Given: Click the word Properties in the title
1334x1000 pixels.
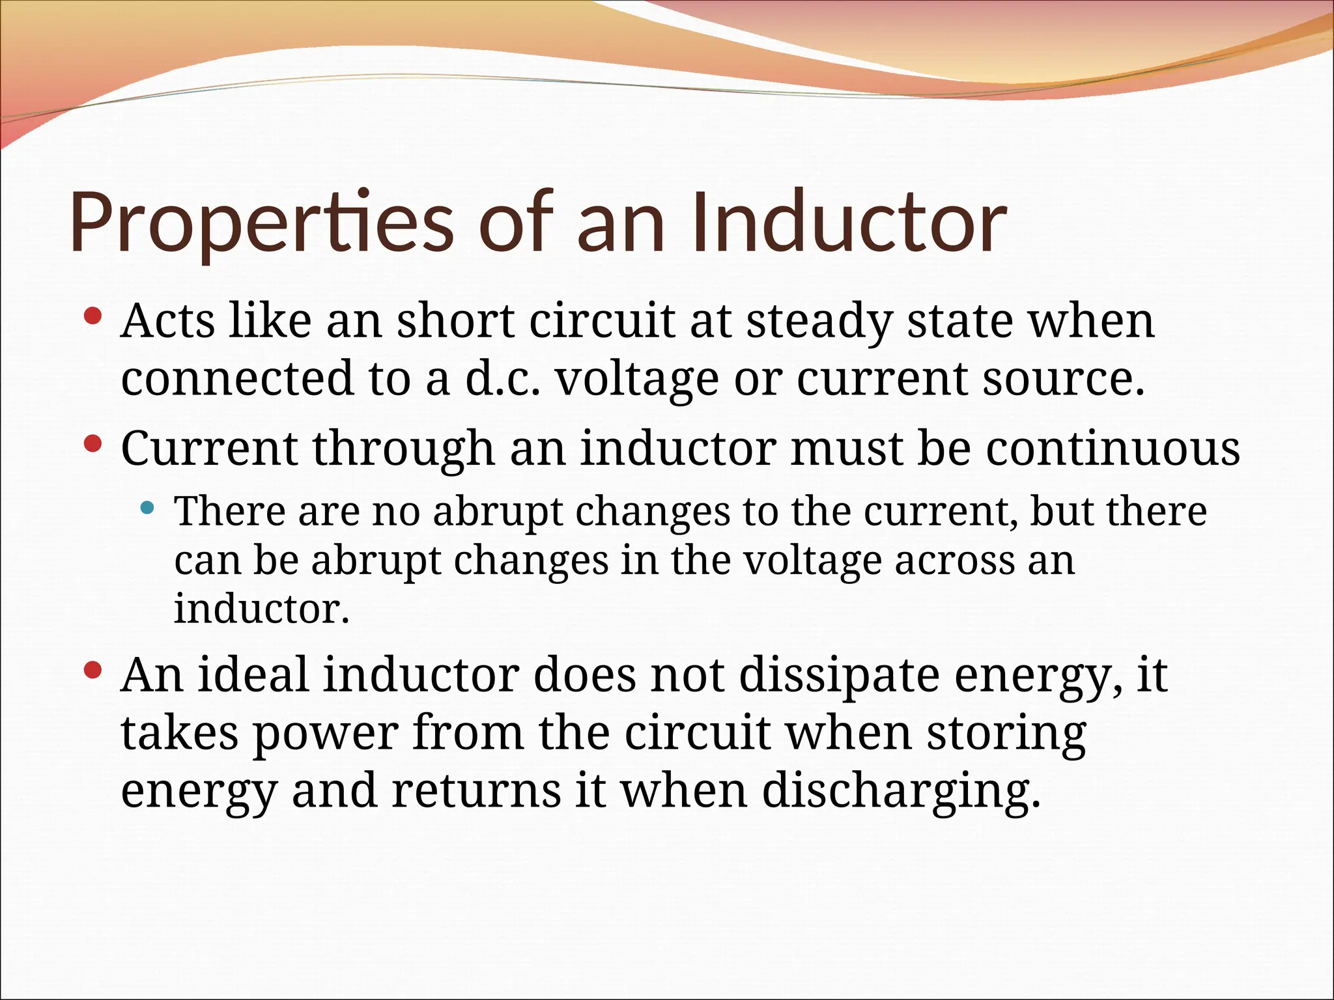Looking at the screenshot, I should pyautogui.click(x=261, y=223).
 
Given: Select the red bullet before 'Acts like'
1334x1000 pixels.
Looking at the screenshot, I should pyautogui.click(x=93, y=317).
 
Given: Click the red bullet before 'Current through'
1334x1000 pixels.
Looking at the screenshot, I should pyautogui.click(x=93, y=445).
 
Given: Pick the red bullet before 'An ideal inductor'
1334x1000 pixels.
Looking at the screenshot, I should pyautogui.click(x=93, y=670).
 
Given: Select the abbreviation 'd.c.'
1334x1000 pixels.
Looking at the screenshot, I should pyautogui.click(x=502, y=378).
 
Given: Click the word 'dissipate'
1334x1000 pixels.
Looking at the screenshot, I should pyautogui.click(x=840, y=676).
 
